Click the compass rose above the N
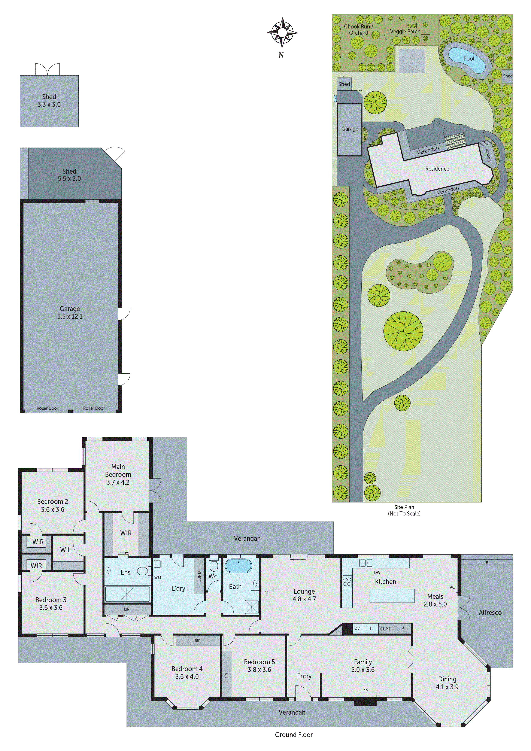pos(282,32)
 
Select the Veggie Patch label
pos(405,32)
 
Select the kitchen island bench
pos(392,596)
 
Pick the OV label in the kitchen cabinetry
pos(357,628)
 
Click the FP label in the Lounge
pos(266,593)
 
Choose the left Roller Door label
pos(48,408)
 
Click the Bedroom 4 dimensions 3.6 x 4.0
pos(187,676)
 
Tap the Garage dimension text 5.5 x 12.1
pos(70,316)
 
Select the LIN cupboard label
pos(127,609)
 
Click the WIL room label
pos(66,550)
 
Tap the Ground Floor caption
pos(294,735)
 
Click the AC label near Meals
pos(452,587)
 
